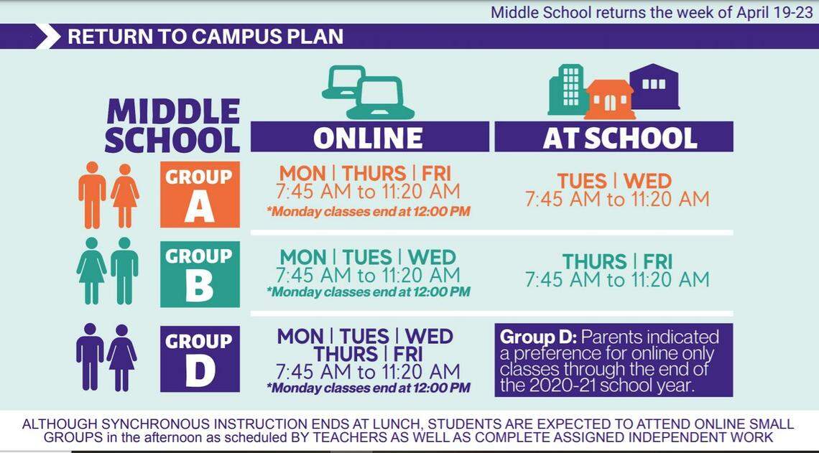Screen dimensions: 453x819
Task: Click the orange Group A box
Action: click(x=200, y=195)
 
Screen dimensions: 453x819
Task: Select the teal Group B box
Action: click(x=200, y=274)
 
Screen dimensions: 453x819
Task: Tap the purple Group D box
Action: click(x=200, y=358)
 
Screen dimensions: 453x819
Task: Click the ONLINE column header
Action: click(x=369, y=137)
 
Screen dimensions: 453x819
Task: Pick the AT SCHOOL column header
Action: click(x=613, y=137)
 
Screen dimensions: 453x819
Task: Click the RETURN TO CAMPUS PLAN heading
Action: click(x=205, y=36)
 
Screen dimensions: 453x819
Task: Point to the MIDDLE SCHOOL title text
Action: click(x=172, y=126)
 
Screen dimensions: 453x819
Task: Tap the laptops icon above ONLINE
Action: click(x=368, y=92)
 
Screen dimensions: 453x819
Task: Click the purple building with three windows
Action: click(x=654, y=86)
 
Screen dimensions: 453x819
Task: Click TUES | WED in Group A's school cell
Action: click(x=614, y=181)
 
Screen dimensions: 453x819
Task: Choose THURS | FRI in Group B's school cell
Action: click(x=616, y=261)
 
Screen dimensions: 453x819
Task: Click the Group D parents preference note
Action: click(x=613, y=360)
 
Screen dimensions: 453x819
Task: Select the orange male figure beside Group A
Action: click(x=92, y=195)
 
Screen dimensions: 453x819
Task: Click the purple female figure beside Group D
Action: click(x=122, y=357)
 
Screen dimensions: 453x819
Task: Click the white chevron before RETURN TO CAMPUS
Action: click(x=48, y=36)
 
